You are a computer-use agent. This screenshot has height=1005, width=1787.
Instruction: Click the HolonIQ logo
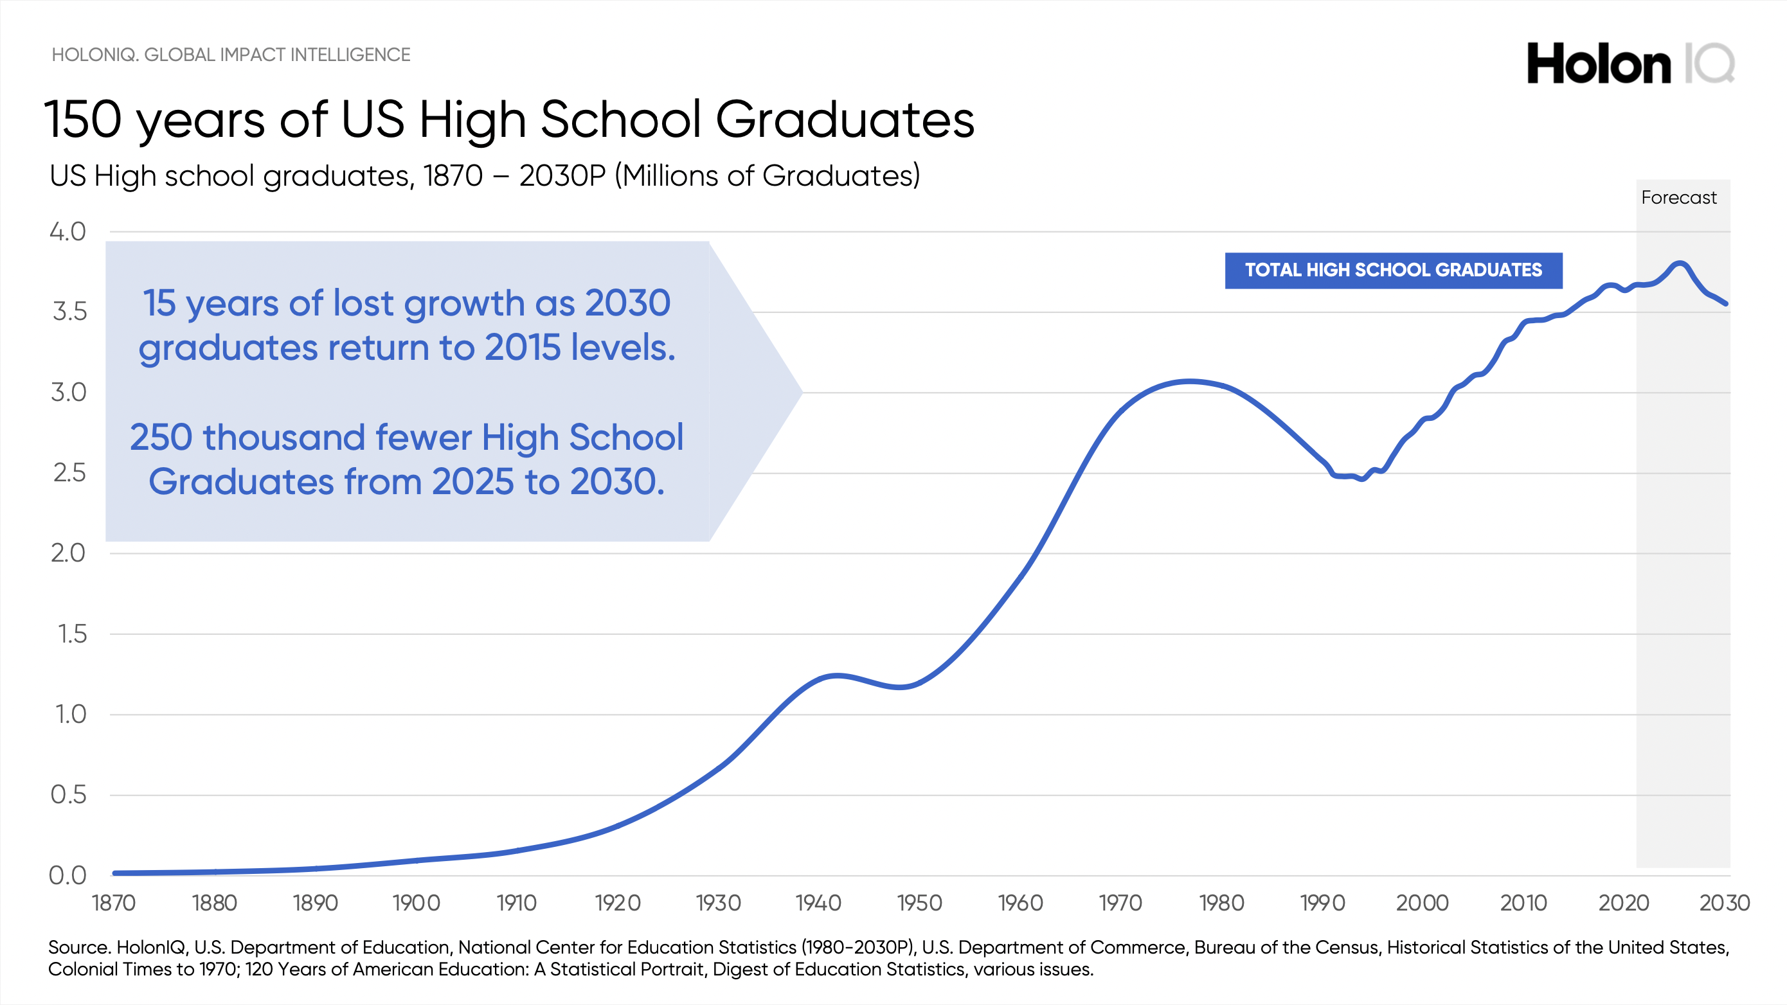1630,64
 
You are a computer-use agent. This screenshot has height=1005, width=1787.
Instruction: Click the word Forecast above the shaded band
1678,198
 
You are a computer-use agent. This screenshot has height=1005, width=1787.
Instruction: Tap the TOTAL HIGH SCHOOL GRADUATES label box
1393,271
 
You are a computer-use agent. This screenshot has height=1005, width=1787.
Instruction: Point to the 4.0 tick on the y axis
68,232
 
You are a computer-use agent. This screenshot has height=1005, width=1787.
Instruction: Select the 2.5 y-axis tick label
69,473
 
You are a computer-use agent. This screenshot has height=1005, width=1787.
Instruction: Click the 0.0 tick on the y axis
68,875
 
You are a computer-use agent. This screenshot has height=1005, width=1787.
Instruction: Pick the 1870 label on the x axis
114,903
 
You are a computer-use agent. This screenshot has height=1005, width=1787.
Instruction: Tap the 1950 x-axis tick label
919,903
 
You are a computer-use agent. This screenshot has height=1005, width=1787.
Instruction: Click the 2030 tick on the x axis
1725,903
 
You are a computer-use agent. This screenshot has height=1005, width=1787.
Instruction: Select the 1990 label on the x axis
1322,903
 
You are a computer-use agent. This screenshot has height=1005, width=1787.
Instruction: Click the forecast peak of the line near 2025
1680,263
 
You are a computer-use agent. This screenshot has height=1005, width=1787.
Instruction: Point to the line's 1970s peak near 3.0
1190,381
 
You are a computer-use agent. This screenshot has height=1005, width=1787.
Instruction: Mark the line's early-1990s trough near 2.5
1361,479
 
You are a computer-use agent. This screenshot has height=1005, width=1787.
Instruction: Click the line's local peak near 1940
838,675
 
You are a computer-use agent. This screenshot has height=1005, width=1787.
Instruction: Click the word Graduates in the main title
844,120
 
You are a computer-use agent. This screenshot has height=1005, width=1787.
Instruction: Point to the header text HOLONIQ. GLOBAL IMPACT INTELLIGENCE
231,55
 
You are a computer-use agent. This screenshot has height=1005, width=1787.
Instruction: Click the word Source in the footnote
78,947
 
